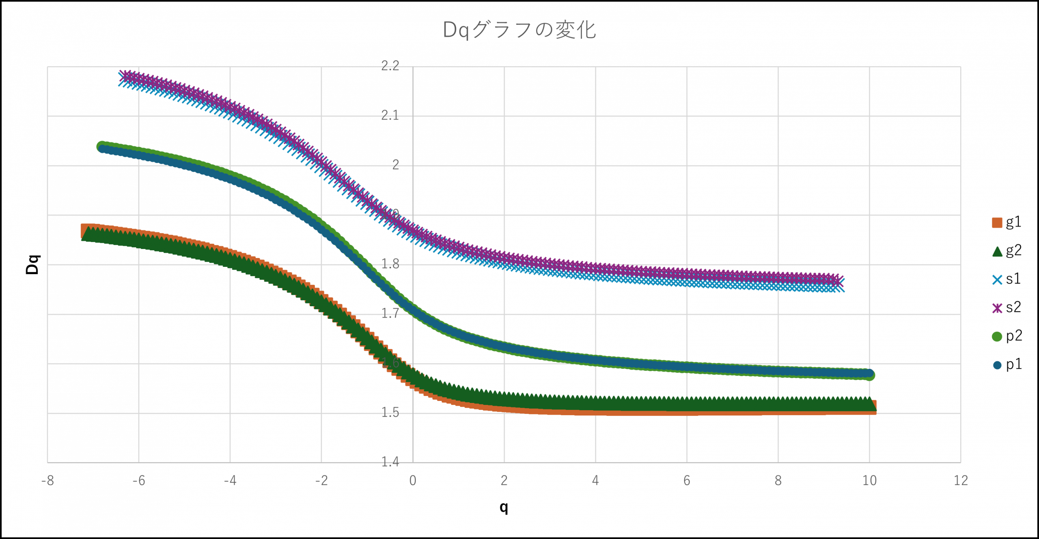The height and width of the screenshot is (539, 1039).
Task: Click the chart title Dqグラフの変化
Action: click(x=519, y=30)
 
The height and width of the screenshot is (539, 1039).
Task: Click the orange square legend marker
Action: click(x=997, y=223)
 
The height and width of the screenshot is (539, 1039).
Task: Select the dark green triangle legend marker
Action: click(x=997, y=252)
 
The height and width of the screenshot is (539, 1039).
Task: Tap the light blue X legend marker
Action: click(x=997, y=280)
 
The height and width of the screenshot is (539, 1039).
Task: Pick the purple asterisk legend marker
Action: click(x=997, y=308)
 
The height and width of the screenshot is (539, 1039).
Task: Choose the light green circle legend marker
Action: click(x=997, y=337)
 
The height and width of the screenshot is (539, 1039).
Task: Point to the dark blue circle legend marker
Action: click(x=997, y=365)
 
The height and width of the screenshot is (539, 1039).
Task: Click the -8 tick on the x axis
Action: click(x=47, y=481)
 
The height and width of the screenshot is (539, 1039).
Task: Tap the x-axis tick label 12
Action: click(x=961, y=481)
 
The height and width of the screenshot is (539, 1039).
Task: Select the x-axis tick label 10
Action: click(x=869, y=481)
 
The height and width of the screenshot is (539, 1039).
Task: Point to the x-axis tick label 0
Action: click(x=413, y=481)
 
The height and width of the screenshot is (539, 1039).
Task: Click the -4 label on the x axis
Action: click(x=230, y=481)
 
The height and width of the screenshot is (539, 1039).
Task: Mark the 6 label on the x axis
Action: click(x=687, y=481)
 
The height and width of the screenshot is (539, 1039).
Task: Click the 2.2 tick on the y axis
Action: click(x=390, y=66)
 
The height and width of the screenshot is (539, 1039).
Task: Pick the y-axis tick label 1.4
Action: click(x=390, y=462)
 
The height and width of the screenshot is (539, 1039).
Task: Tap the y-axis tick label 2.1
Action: click(x=390, y=116)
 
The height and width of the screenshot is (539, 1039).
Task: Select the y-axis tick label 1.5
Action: click(x=390, y=413)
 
